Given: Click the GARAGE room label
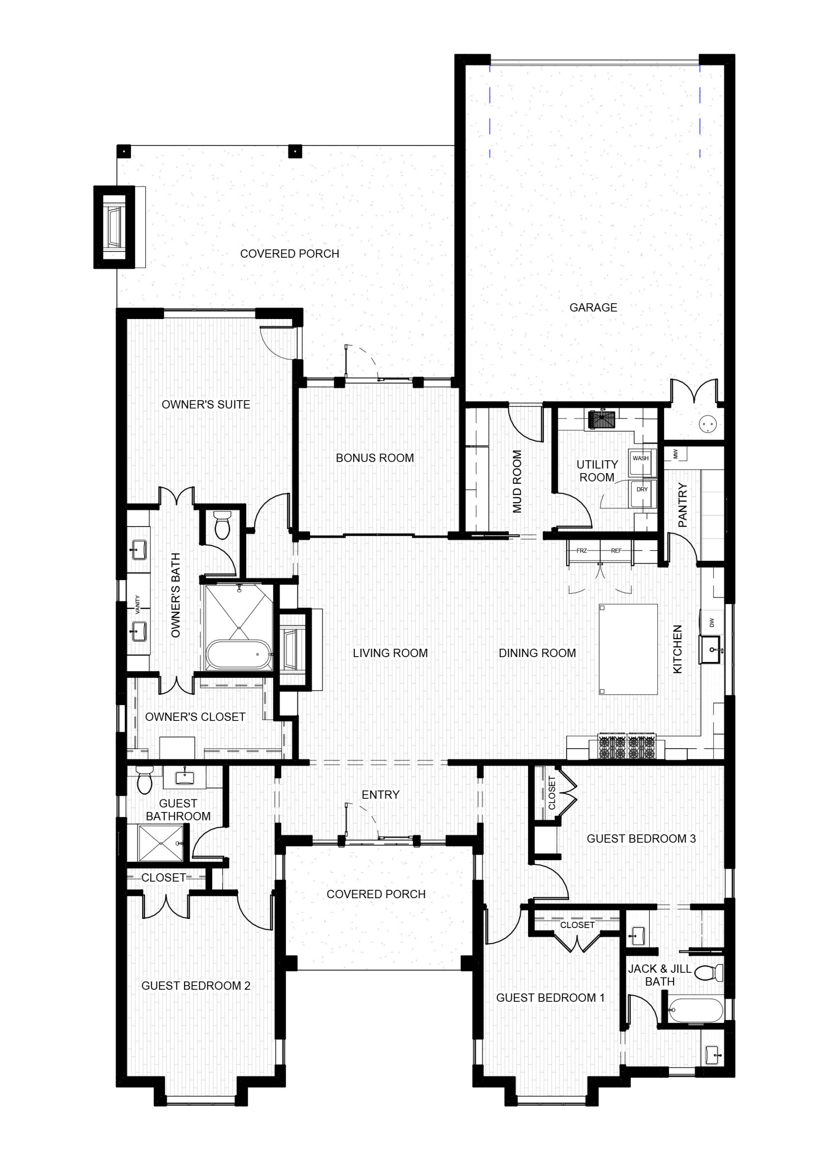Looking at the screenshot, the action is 593,307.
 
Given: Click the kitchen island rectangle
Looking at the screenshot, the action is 628,649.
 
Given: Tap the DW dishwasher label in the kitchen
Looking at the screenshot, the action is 712,623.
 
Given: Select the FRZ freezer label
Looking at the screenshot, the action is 582,551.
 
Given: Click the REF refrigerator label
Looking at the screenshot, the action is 616,551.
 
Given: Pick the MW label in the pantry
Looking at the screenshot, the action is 675,453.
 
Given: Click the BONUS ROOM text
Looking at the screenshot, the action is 375,458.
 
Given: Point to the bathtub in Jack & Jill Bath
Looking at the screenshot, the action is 696,1010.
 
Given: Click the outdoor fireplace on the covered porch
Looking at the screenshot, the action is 114,227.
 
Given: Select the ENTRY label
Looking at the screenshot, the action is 380,795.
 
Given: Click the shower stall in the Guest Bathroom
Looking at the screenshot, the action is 161,844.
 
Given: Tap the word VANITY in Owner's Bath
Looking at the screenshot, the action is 137,604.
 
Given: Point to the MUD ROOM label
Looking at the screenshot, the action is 517,481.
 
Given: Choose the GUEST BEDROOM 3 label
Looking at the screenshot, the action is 641,838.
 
